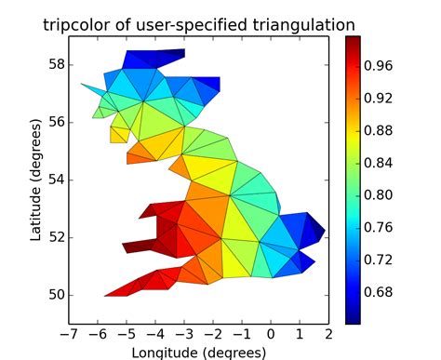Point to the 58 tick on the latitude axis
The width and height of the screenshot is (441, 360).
click(56, 65)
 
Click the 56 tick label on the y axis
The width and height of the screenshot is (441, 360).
click(56, 123)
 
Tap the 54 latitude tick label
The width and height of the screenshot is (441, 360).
click(56, 180)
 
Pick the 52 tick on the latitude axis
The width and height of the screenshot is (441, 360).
click(56, 237)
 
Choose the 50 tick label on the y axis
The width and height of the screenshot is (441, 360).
click(56, 295)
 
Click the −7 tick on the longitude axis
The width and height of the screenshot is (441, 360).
click(66, 333)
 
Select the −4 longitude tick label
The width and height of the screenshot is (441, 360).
click(154, 333)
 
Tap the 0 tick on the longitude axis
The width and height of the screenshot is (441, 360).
click(271, 333)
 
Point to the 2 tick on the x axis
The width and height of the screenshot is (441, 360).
click(328, 333)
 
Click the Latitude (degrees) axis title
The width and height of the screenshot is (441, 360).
click(35, 180)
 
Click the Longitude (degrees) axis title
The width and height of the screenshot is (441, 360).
click(198, 352)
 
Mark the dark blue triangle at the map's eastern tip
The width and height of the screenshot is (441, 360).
click(317, 228)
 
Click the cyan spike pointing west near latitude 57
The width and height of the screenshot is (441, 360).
click(91, 89)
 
